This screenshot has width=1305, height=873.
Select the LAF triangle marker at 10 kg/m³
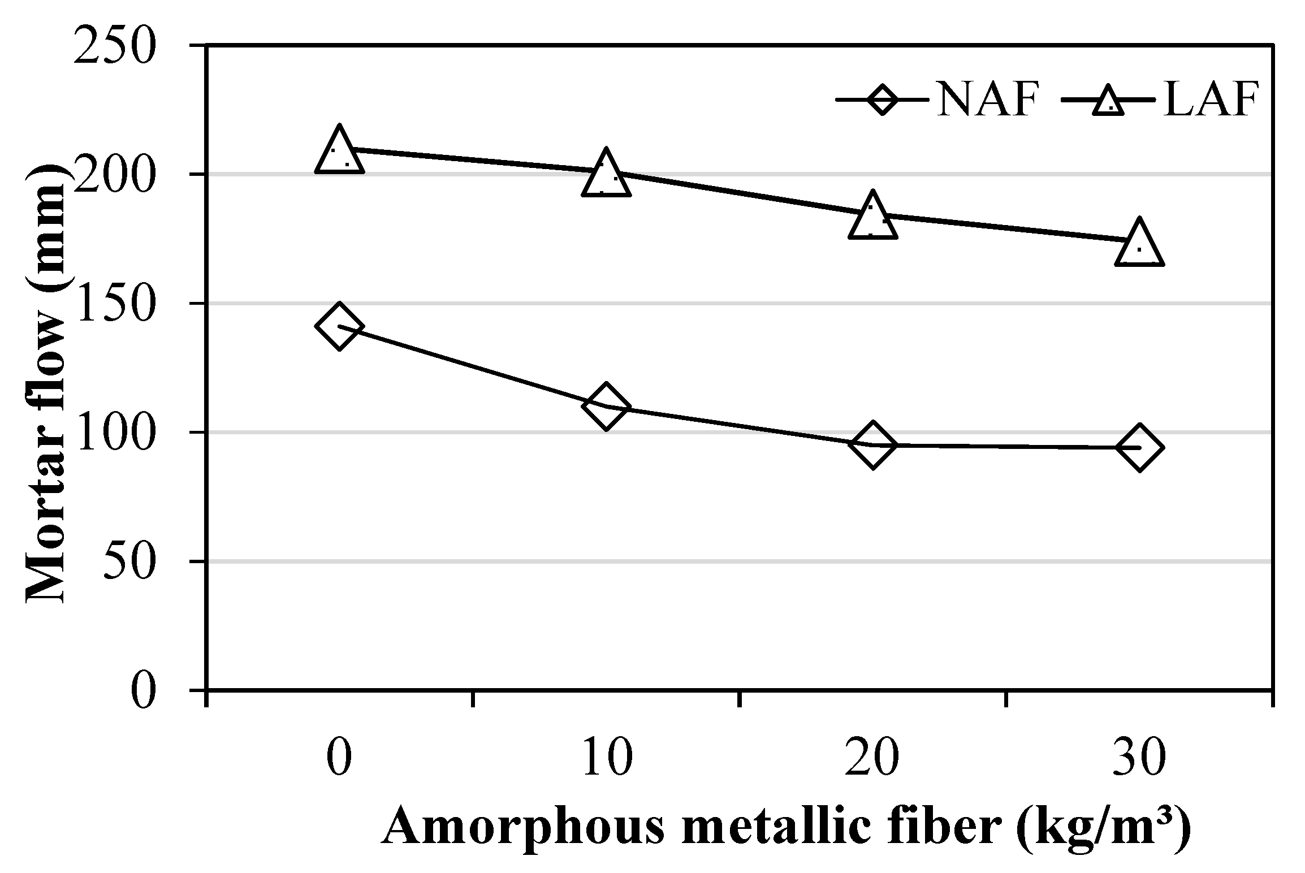tap(606, 174)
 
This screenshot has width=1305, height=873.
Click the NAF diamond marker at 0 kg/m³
tap(339, 326)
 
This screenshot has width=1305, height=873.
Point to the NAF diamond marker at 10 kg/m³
tap(606, 406)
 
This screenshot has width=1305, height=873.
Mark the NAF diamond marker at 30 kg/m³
tap(1139, 447)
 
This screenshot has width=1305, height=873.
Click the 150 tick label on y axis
tap(115, 304)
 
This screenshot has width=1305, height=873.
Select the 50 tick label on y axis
tap(130, 562)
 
